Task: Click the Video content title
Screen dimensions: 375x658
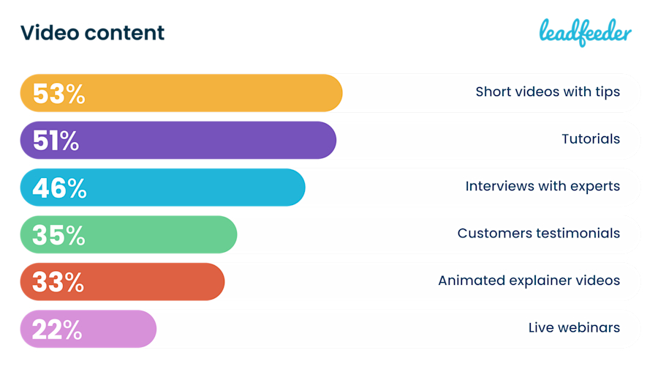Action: pyautogui.click(x=92, y=33)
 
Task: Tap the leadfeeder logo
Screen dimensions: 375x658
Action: pyautogui.click(x=585, y=31)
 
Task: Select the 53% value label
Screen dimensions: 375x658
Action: pyautogui.click(x=58, y=94)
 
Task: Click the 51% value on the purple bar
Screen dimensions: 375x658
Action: pyautogui.click(x=56, y=141)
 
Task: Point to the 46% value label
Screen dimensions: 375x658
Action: pyautogui.click(x=59, y=188)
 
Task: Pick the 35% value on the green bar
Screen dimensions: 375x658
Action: pyautogui.click(x=58, y=235)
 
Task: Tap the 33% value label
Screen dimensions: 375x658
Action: pyautogui.click(x=58, y=282)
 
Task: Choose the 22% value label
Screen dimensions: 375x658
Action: pyautogui.click(x=56, y=330)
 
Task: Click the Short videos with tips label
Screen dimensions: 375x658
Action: pyautogui.click(x=548, y=92)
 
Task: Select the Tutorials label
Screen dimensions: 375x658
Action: pyautogui.click(x=591, y=139)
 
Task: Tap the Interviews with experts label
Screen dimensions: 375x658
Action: pyautogui.click(x=542, y=186)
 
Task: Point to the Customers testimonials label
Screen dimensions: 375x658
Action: pyautogui.click(x=539, y=234)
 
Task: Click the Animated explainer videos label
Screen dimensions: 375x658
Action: pyautogui.click(x=529, y=281)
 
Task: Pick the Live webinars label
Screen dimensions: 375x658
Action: pyautogui.click(x=574, y=327)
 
